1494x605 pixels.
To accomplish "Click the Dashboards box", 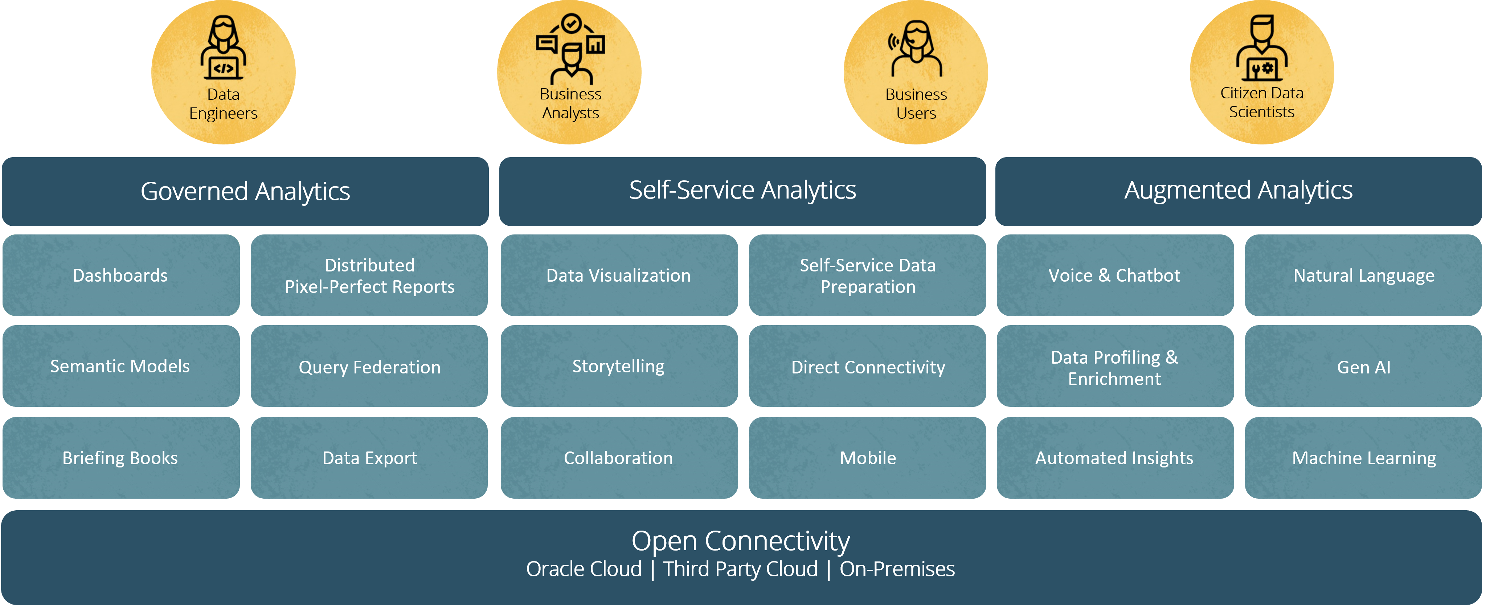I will (x=120, y=275).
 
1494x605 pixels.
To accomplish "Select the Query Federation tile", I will (x=369, y=367).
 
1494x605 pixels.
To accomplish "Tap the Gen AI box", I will (x=1363, y=367).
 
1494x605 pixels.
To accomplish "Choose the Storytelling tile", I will (x=619, y=367).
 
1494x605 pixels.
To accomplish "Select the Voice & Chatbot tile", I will (x=1115, y=275).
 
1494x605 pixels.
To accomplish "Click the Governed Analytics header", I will (x=245, y=191).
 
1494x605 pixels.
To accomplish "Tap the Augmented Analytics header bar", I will (x=1238, y=191).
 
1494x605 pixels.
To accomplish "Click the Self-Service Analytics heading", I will (x=742, y=191).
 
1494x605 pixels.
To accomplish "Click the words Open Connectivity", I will (x=741, y=541).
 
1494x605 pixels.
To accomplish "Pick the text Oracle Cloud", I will (x=584, y=569).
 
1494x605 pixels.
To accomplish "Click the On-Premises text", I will (x=897, y=569).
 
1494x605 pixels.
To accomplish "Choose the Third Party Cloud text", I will (x=741, y=569).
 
